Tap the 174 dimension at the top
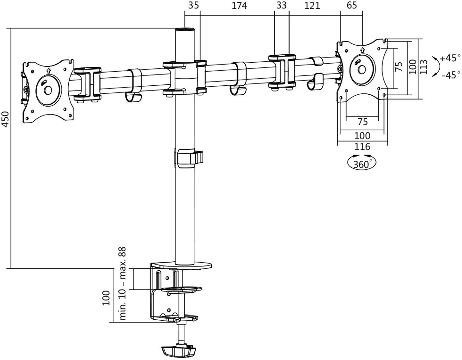[239, 6]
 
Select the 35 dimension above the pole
[193, 5]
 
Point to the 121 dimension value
[312, 6]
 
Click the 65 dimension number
[352, 5]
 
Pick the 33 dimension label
[282, 5]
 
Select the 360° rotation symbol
[362, 163]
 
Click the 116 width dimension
[362, 146]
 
